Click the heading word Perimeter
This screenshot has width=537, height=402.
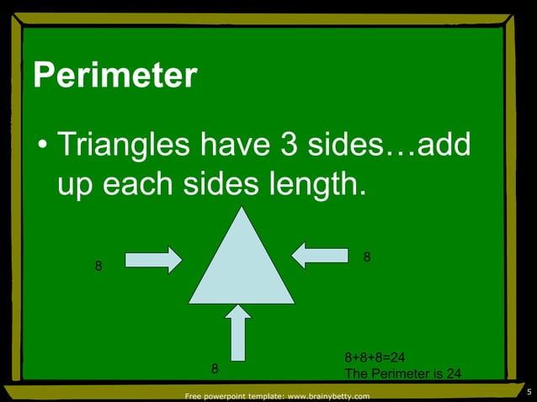[x=115, y=77]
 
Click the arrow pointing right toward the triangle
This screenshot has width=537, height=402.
[x=153, y=259]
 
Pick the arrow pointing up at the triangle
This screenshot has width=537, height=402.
[x=238, y=332]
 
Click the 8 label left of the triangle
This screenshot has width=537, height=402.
[x=98, y=267]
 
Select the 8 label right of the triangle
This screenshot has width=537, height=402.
[x=366, y=256]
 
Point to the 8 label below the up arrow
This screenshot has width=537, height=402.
[x=215, y=368]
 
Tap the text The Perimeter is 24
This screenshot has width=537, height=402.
[x=402, y=373]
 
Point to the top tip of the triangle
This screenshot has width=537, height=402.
[x=242, y=207]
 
